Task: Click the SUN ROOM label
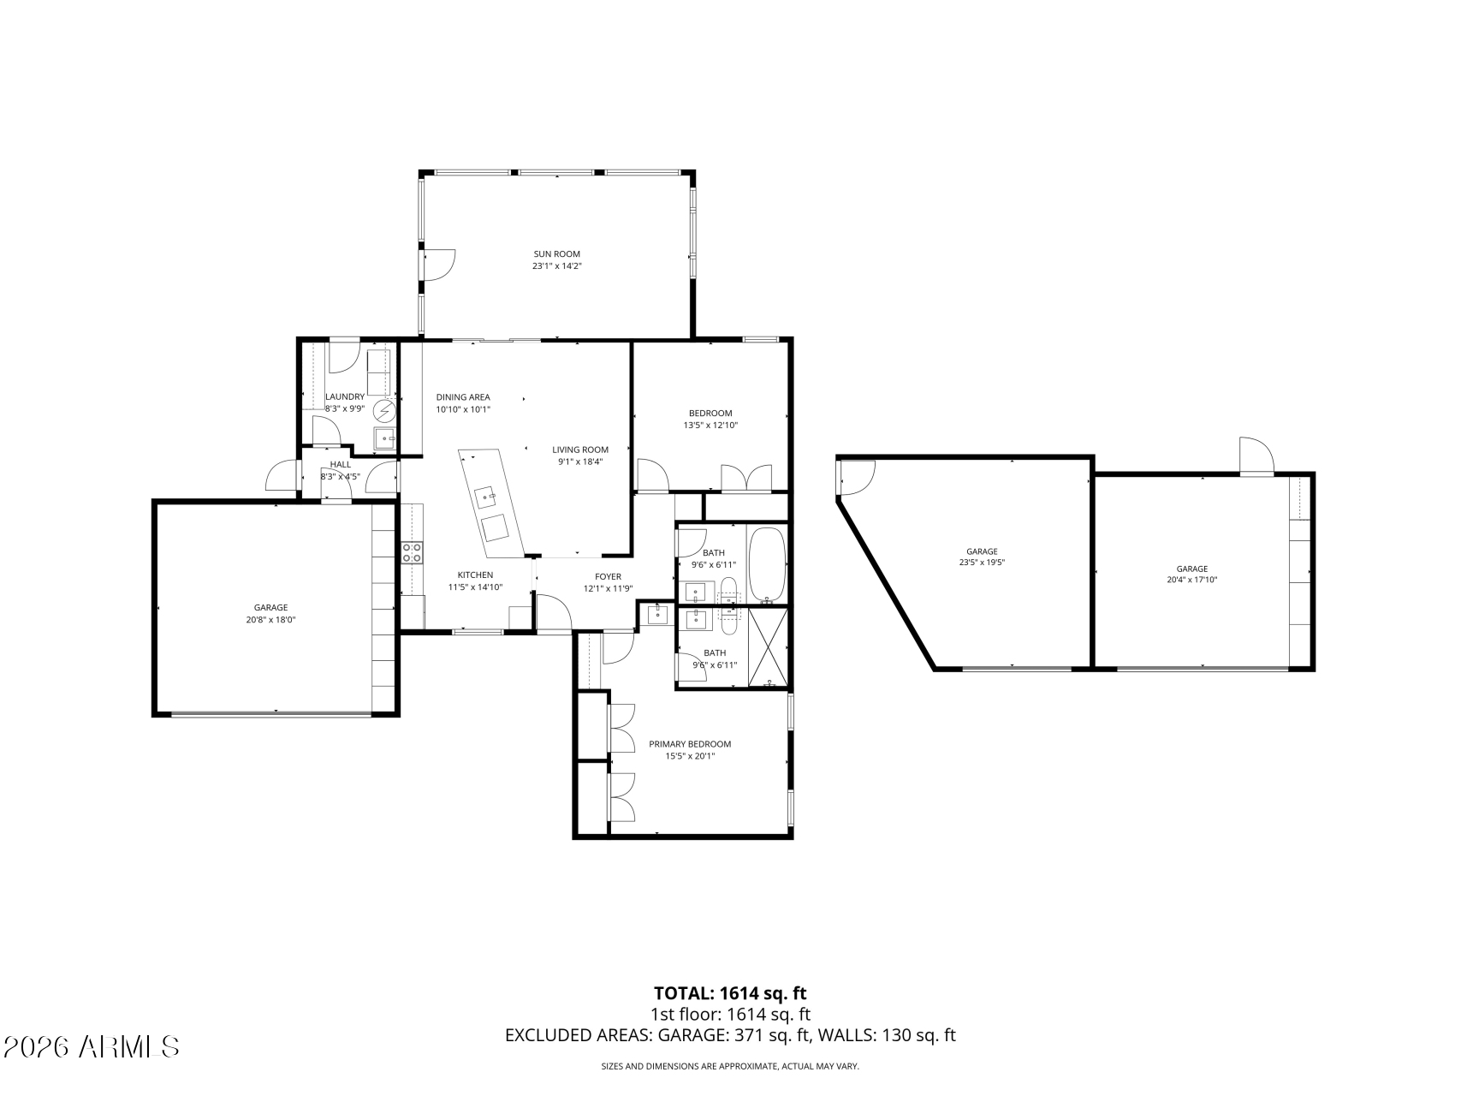click(556, 253)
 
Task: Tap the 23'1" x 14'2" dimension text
click(556, 266)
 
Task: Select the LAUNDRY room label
click(345, 396)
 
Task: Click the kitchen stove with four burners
click(412, 552)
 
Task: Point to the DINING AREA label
click(463, 397)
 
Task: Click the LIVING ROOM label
click(579, 450)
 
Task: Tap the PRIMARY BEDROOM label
click(689, 744)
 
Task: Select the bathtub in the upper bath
click(766, 565)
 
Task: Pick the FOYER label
click(608, 576)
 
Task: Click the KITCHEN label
click(475, 575)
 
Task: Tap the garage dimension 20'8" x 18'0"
click(270, 620)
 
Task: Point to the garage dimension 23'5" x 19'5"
click(982, 563)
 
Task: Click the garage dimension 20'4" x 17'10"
click(1191, 580)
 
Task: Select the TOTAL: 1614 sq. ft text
click(730, 993)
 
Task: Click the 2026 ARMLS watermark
click(91, 1046)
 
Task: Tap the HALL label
click(340, 464)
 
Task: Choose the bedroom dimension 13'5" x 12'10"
click(710, 426)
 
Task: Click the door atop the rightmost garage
click(1257, 456)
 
